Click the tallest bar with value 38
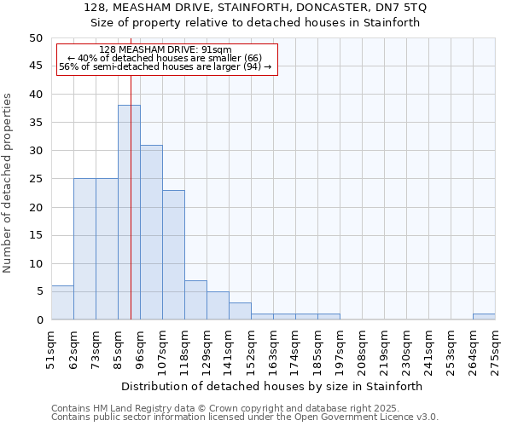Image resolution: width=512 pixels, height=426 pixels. click(129, 212)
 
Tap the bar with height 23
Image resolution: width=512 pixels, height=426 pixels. click(173, 255)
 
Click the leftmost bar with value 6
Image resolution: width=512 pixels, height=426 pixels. click(62, 302)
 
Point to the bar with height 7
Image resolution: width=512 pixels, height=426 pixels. click(195, 300)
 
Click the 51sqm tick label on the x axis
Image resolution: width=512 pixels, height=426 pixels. click(52, 349)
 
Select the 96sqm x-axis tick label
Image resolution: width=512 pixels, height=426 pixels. click(141, 349)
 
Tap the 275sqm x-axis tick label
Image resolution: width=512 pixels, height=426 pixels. click(496, 349)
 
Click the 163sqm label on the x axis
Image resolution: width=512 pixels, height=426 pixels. click(274, 349)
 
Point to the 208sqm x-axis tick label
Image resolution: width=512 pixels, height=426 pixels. click(363, 349)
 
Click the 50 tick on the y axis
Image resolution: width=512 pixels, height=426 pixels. click(35, 38)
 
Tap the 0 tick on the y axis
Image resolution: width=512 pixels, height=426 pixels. click(38, 319)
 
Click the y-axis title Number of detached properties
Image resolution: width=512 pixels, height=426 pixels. click(8, 184)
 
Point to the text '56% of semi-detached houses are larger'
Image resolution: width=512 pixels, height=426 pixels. click(165, 66)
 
